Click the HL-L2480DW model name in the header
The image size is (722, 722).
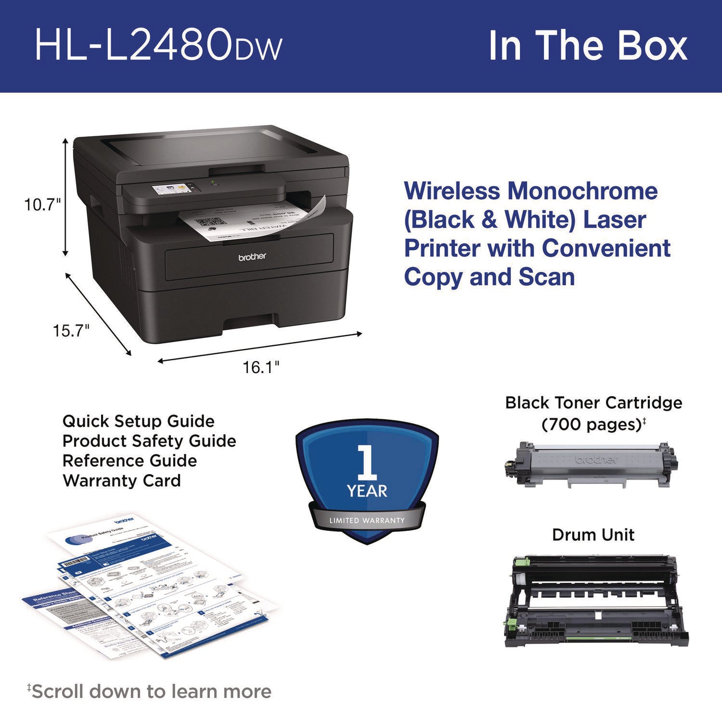pos(158,46)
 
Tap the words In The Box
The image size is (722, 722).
pos(588,46)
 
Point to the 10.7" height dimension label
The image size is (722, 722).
pos(43,205)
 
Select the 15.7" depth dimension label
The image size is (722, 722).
pos(71,331)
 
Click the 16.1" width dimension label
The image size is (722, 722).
pos(260,368)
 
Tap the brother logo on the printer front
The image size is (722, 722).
pos(252,257)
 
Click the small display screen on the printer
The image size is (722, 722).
pos(170,188)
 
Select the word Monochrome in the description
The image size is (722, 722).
pos(582,191)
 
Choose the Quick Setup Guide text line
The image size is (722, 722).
pos(138,421)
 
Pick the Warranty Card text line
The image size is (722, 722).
pos(121,480)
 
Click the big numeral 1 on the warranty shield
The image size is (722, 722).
pos(368,462)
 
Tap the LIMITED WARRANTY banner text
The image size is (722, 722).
pos(367,520)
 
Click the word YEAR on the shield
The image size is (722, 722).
pos(367,491)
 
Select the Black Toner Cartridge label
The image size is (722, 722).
pos(593,402)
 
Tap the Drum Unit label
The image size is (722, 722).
pos(593,535)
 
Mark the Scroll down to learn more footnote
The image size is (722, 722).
pos(150,692)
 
